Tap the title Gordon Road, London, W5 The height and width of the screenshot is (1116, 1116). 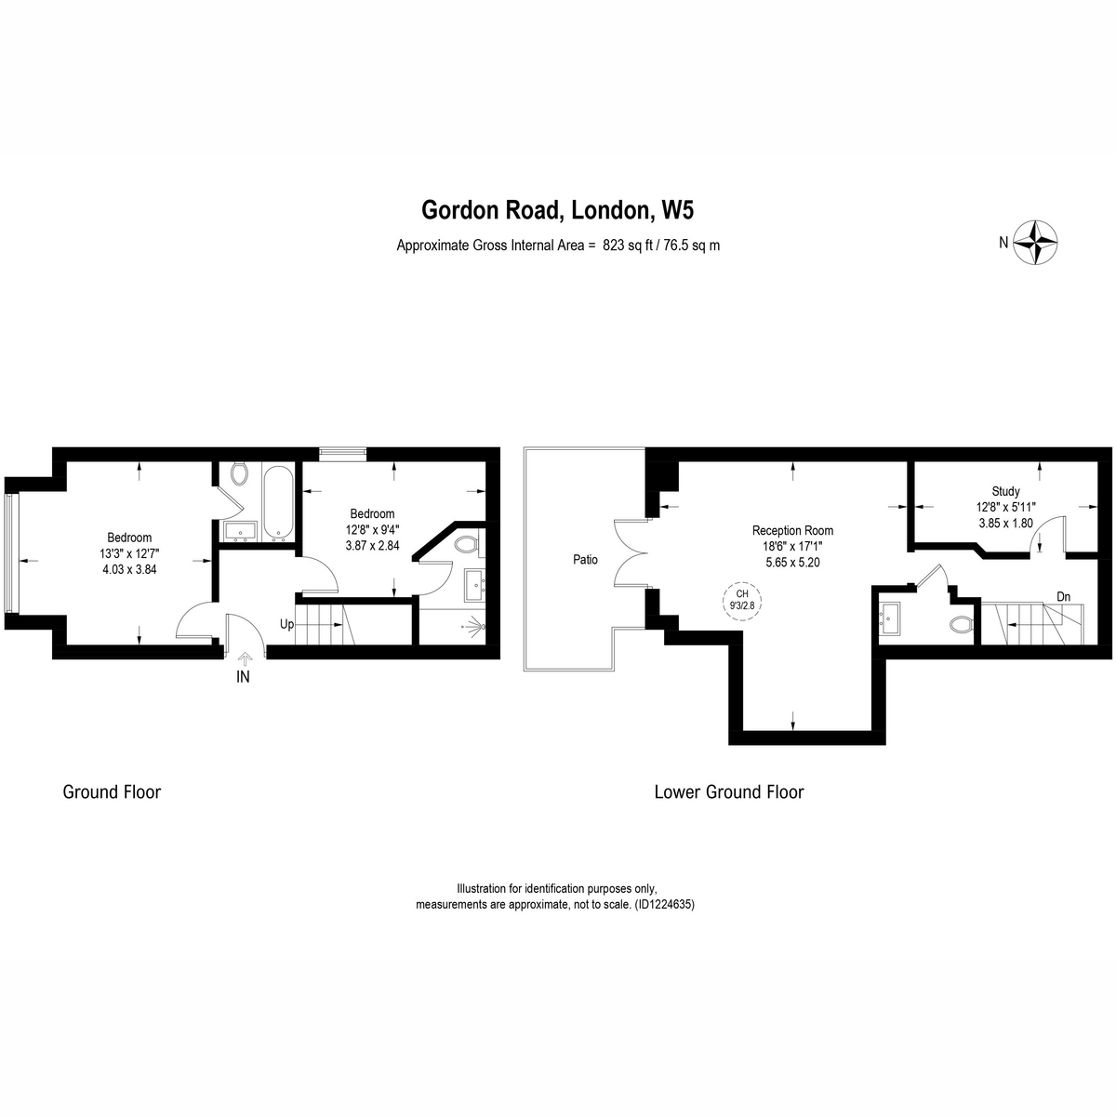557,210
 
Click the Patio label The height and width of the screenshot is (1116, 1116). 585,560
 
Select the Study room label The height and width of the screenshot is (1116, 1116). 1005,492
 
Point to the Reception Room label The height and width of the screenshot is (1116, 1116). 792,530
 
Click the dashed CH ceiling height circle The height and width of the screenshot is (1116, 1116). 742,601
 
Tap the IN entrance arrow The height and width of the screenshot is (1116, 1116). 245,658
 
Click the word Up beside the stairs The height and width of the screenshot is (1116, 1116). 286,624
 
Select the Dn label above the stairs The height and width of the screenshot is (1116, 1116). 1063,596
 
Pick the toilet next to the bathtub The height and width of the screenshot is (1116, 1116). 239,473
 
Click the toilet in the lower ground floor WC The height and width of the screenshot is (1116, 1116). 963,624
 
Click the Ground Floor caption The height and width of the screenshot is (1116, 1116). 112,791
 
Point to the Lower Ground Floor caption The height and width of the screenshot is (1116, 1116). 728,791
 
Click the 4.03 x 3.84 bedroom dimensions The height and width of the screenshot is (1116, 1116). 129,569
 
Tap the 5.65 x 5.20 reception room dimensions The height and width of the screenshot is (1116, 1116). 792,562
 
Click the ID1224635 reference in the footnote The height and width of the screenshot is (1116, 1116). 664,904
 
